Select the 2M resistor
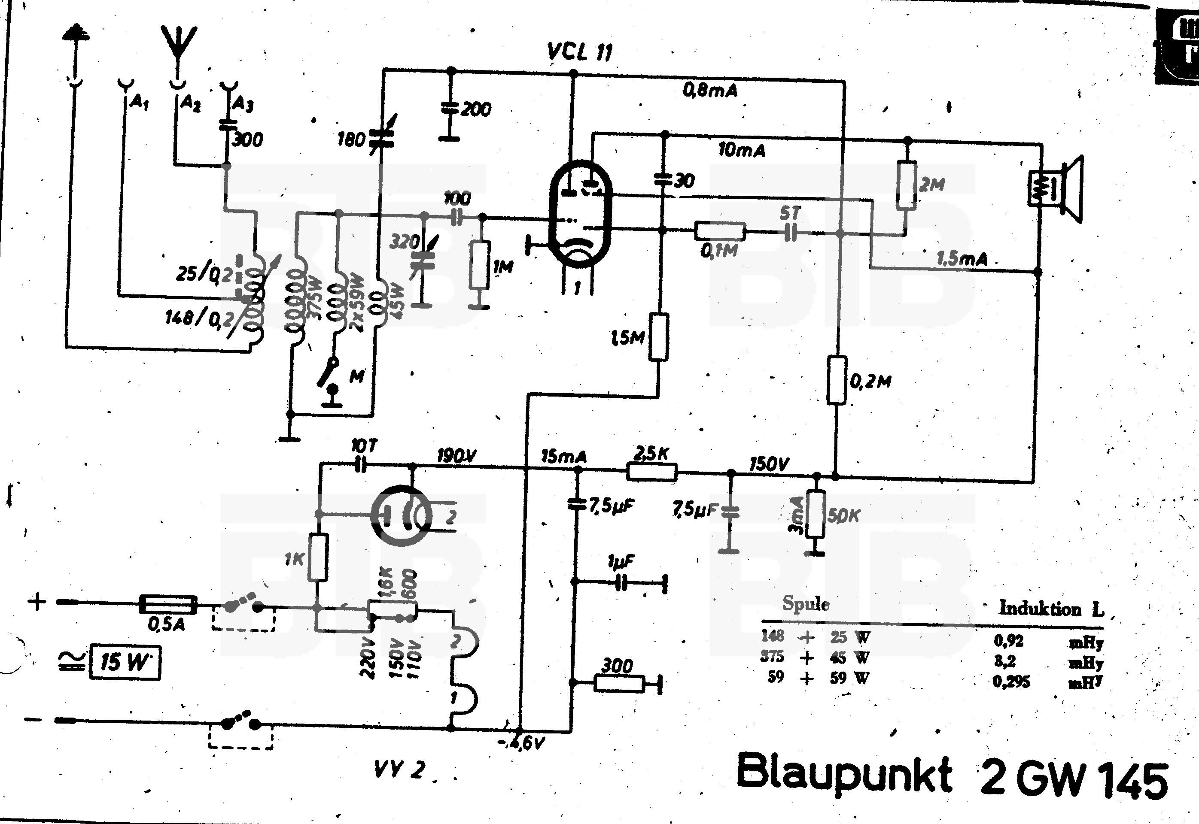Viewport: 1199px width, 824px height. pyautogui.click(x=907, y=185)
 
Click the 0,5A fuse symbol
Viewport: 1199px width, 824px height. pyautogui.click(x=168, y=605)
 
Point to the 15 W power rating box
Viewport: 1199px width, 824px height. pyautogui.click(x=125, y=662)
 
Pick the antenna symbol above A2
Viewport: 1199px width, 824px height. pyautogui.click(x=178, y=44)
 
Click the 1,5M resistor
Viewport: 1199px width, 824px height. pyautogui.click(x=659, y=336)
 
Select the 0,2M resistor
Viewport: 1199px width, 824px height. pyautogui.click(x=837, y=380)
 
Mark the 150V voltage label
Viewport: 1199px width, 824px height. pyautogui.click(x=769, y=464)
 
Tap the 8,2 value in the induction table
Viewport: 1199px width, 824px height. pyautogui.click(x=1005, y=661)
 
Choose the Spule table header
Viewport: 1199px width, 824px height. pyautogui.click(x=806, y=603)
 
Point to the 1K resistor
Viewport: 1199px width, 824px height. pyautogui.click(x=318, y=557)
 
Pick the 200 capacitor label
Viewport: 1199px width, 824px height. pyautogui.click(x=475, y=109)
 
